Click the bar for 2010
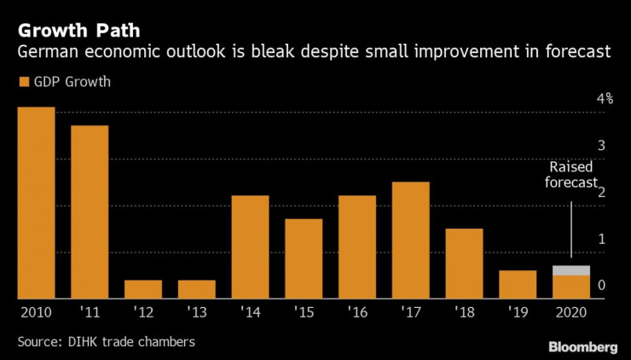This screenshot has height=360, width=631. pyautogui.click(x=36, y=203)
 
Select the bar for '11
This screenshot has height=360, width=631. pyautogui.click(x=90, y=212)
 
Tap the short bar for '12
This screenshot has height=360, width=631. pyautogui.click(x=143, y=289)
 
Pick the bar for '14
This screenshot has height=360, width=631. pyautogui.click(x=250, y=247)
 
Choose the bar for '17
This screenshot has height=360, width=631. pyautogui.click(x=410, y=241)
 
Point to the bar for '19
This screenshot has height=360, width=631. pyautogui.click(x=518, y=284)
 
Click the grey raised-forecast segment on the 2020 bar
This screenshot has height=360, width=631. pyautogui.click(x=570, y=270)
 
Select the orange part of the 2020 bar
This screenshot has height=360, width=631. pyautogui.click(x=570, y=287)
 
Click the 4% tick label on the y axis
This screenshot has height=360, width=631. pyautogui.click(x=605, y=99)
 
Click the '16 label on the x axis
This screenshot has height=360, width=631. pyautogui.click(x=356, y=312)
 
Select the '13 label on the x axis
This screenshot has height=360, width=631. pyautogui.click(x=196, y=312)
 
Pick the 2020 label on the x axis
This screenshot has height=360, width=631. pyautogui.click(x=570, y=312)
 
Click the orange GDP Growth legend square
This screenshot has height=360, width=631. pyautogui.click(x=21, y=83)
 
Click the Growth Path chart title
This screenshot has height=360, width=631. pyautogui.click(x=73, y=31)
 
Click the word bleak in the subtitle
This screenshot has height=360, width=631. pyautogui.click(x=302, y=53)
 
